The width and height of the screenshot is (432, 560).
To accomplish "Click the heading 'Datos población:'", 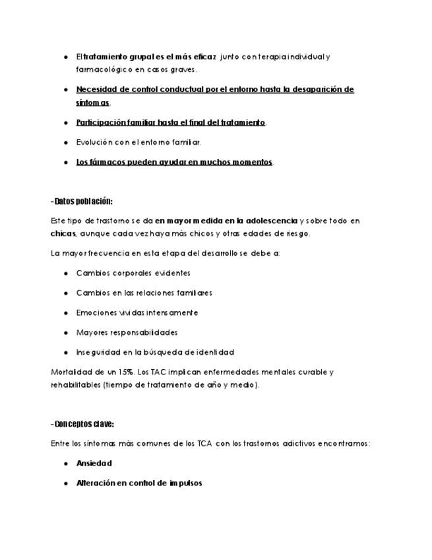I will [x=82, y=201].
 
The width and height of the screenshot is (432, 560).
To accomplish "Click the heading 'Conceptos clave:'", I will [x=83, y=425].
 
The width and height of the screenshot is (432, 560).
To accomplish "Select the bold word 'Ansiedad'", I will [x=94, y=464].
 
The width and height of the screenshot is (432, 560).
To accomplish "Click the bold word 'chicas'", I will [x=63, y=233].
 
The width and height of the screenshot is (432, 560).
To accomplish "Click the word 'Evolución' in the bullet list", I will [x=94, y=142].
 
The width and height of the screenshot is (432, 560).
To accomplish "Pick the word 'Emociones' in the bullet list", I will [x=96, y=312].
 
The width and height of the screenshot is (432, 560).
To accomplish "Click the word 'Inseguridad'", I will [x=100, y=352].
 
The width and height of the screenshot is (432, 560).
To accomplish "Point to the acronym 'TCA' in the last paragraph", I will [x=205, y=444].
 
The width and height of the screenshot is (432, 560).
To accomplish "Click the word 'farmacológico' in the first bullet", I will [x=102, y=69].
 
